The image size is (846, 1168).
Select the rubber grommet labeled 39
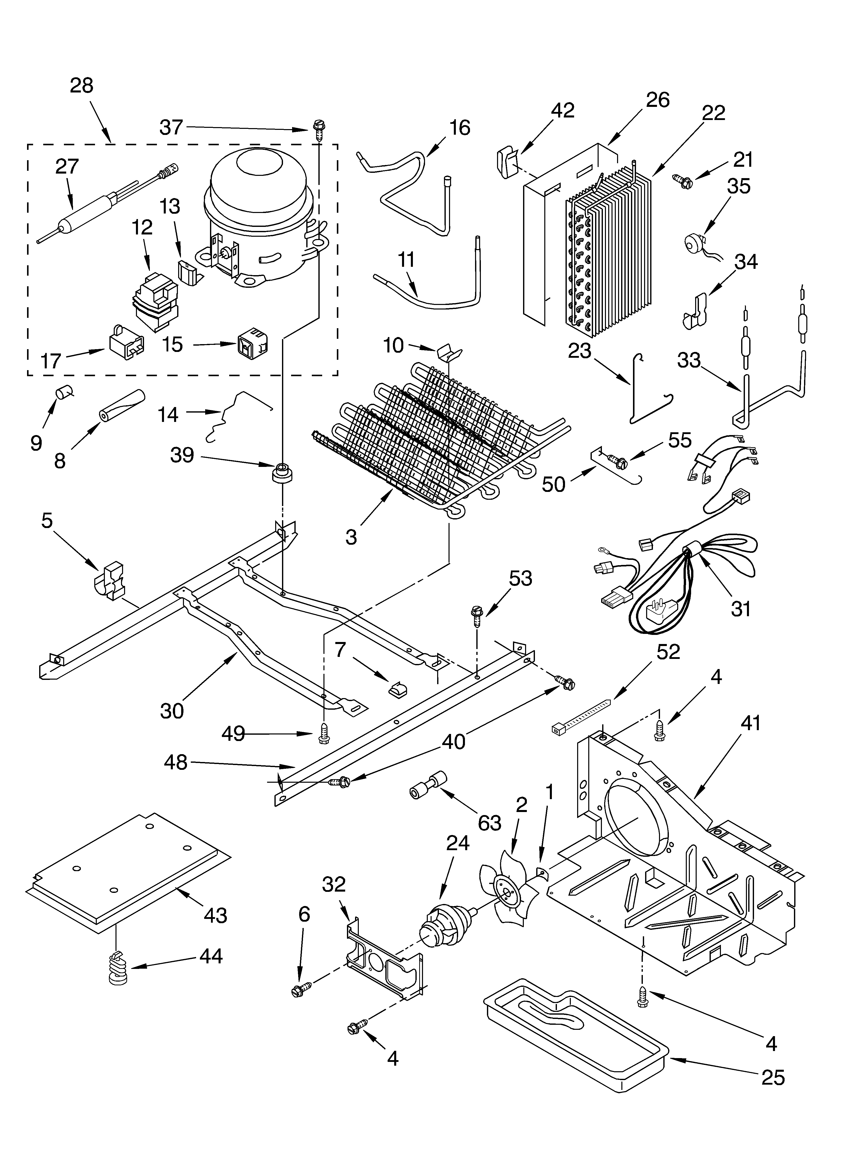[281, 473]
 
